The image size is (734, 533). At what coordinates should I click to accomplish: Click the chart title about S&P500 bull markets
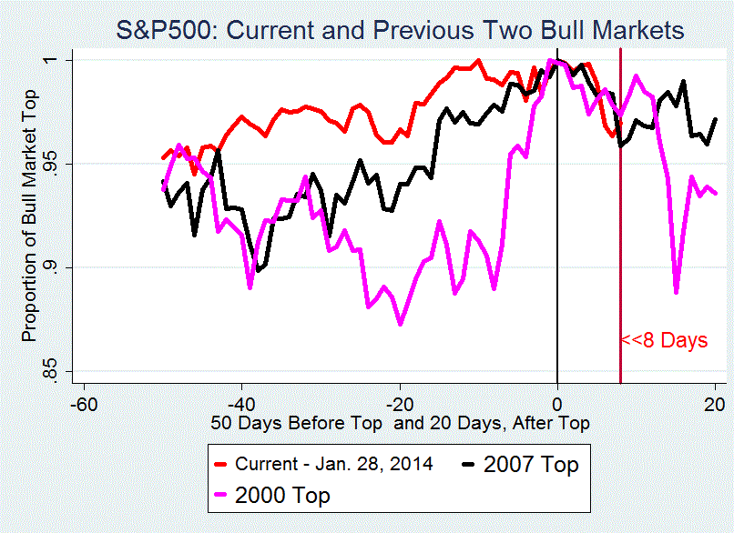pos(400,30)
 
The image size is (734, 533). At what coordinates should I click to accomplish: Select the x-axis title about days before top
pos(401,423)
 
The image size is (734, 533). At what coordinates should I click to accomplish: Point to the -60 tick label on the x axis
pos(84,403)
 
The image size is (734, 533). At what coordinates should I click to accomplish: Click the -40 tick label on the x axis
pos(241,403)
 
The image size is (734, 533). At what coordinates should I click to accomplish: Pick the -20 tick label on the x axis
pos(400,403)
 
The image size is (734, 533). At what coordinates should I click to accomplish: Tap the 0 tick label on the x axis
pos(557,403)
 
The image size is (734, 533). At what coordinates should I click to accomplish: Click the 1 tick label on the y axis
pos(53,60)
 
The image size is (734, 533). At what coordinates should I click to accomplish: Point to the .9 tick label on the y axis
pos(53,267)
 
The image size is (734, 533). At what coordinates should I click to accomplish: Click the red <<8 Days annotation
pos(664,342)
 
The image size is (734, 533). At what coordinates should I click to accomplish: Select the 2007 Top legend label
pos(531,464)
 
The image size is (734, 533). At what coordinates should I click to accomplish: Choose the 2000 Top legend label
pos(283,495)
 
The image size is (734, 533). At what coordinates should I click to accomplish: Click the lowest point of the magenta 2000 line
pos(400,324)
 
